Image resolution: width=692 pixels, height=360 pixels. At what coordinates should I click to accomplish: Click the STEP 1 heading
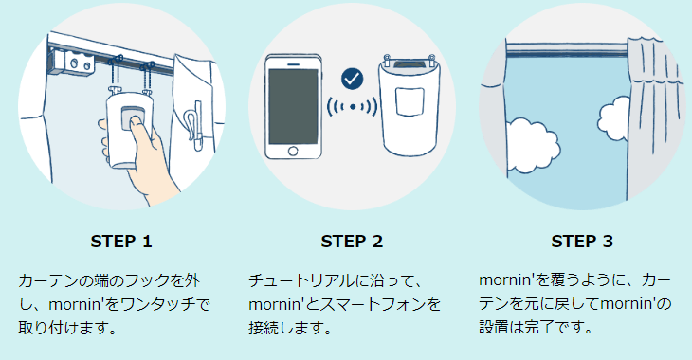click(120, 241)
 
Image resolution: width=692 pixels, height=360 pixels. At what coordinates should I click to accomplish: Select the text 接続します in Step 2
click(285, 329)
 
